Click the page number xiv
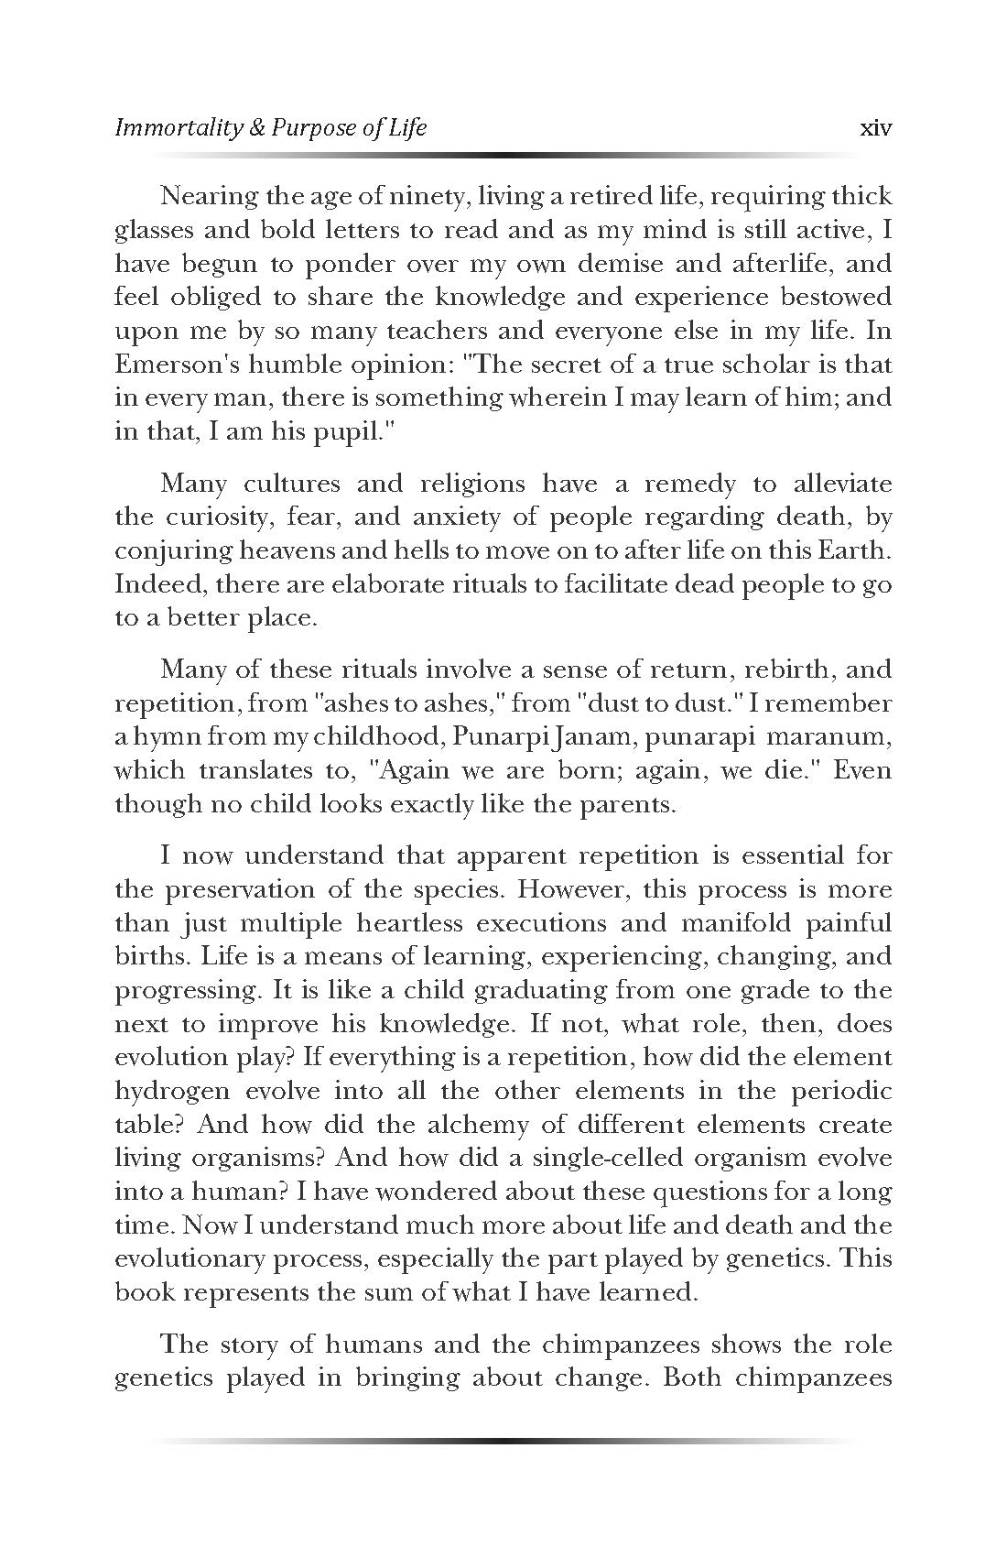(x=876, y=128)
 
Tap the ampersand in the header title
(x=257, y=128)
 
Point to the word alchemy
(x=429, y=1125)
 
